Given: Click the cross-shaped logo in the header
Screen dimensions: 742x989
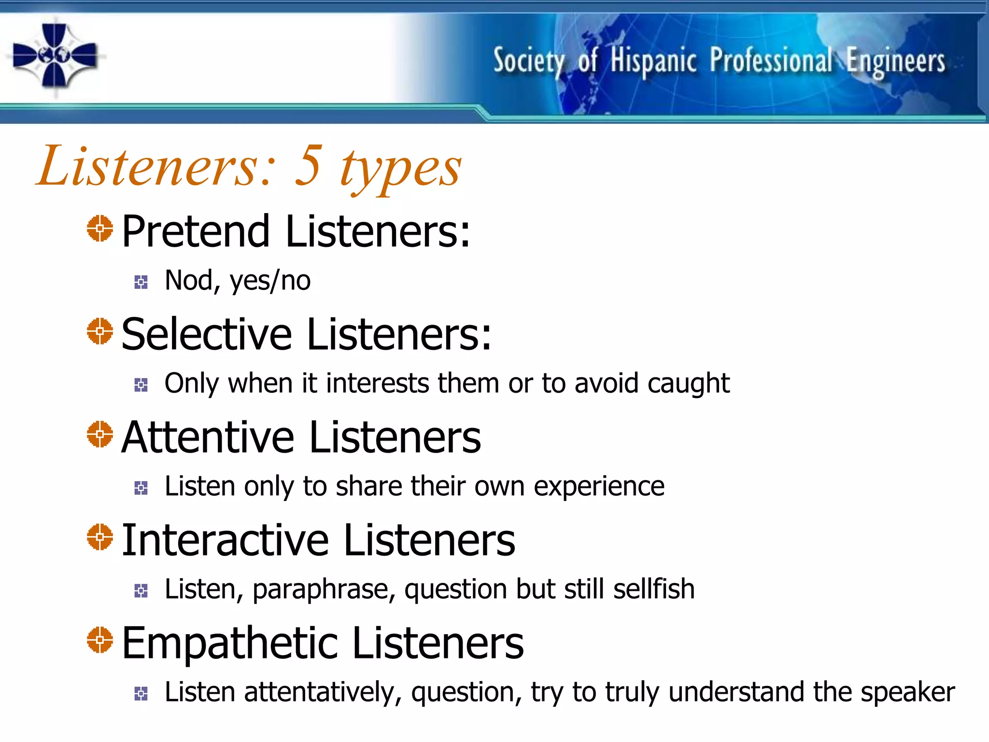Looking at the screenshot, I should coord(55,55).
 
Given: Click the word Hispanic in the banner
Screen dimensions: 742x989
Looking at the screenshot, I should coord(653,61).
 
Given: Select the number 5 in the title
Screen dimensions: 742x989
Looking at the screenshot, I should coord(309,166).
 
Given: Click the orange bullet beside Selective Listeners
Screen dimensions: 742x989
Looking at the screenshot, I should coord(100,331).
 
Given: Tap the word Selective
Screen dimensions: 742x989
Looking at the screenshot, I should coord(207,334).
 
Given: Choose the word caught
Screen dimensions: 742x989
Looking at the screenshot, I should coord(688,384).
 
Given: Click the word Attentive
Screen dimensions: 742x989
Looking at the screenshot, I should coord(208,437).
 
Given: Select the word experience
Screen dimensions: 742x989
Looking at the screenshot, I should coord(599,487).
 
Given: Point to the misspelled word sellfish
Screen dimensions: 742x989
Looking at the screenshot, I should coord(654,589).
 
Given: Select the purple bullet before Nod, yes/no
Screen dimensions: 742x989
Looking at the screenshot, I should coord(141,282).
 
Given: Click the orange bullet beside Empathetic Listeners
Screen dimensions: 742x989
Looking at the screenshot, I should coord(100,640).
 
